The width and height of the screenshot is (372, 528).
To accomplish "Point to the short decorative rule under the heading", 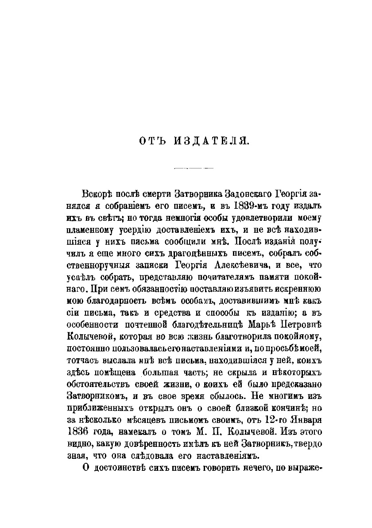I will pyautogui.click(x=194, y=168).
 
